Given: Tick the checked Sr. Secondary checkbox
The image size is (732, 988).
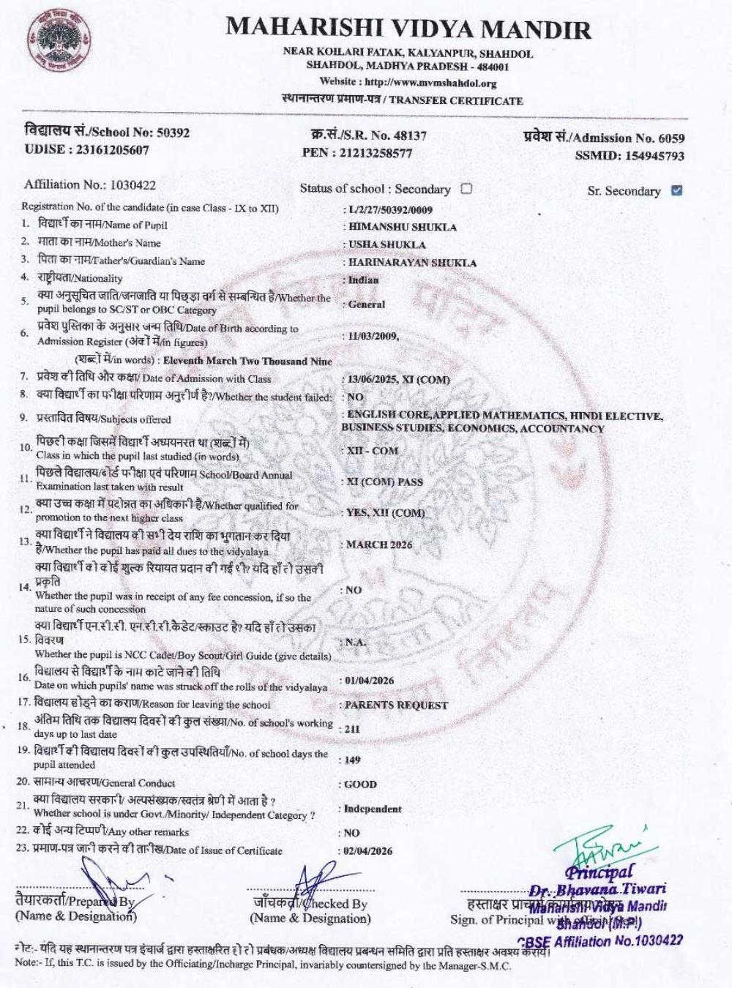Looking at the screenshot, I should click(676, 190).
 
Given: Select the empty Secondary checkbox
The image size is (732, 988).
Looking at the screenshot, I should click(466, 188).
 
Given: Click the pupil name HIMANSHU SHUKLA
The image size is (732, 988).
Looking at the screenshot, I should click(402, 227).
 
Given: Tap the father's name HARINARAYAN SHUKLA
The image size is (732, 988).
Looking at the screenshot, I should click(412, 262).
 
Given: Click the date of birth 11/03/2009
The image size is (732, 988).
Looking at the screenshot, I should click(373, 336).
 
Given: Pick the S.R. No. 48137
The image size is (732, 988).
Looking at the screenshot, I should click(409, 135).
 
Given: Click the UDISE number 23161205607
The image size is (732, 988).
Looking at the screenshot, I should click(108, 150).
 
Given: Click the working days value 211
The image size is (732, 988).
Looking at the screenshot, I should click(352, 729).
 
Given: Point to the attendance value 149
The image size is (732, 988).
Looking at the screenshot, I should click(353, 760).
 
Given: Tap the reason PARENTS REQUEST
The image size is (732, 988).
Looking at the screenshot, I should click(396, 705).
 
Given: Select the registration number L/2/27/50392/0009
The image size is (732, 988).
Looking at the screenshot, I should click(390, 210).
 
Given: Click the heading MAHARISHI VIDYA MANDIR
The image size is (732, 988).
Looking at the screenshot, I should click(408, 28).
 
